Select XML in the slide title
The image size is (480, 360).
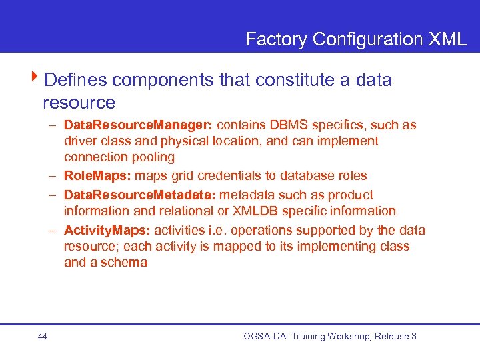click(x=447, y=39)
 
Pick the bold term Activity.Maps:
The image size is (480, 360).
click(x=107, y=231)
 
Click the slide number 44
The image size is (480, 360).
click(x=43, y=337)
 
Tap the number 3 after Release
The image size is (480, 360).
click(x=414, y=337)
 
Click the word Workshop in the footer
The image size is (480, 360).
click(x=346, y=337)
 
